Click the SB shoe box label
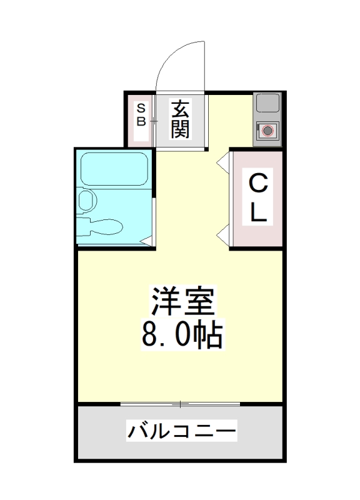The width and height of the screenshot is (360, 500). click(141, 114)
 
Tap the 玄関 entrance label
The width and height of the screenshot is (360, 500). click(180, 120)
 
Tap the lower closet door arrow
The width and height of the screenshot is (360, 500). click(221, 236)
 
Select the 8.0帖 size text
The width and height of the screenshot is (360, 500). click(182, 335)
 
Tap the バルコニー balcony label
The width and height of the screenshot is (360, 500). click(182, 431)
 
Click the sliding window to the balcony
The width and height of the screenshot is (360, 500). click(181, 404)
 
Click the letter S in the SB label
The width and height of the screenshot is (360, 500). click(141, 107)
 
